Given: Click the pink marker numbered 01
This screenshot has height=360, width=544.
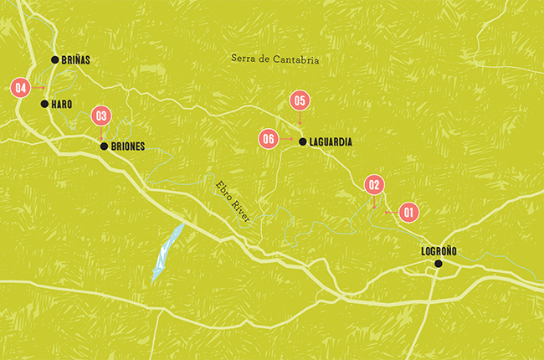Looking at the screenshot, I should tap(408, 213).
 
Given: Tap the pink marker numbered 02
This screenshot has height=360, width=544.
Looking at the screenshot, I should tap(374, 185).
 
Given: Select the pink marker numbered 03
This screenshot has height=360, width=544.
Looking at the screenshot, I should tap(101, 116).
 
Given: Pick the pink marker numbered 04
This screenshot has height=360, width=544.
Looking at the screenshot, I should tap(21, 87).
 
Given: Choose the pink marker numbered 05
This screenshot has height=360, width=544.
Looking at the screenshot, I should tap(300, 100).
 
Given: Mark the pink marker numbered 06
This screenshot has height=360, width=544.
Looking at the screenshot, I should tap(268, 140).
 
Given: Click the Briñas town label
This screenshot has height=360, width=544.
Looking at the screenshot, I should tap(76, 60).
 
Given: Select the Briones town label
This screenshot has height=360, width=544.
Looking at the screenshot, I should tap(128, 147).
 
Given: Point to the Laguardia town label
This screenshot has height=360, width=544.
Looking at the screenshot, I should tap(331, 142).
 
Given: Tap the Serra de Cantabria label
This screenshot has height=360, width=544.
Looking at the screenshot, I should tap(276, 60).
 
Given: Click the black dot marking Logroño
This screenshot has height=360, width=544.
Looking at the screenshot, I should tap(438, 265).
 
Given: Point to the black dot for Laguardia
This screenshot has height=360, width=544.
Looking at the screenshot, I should tap(302, 142).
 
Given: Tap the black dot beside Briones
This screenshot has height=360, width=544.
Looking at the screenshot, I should tap(104, 147).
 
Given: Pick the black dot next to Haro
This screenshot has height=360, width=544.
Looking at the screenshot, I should tap(44, 104).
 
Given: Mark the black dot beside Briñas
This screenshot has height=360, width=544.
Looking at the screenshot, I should tap(54, 59).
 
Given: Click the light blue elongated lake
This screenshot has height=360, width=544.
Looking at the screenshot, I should tap(167, 251).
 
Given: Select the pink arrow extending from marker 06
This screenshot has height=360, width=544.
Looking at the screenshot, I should tap(286, 140).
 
